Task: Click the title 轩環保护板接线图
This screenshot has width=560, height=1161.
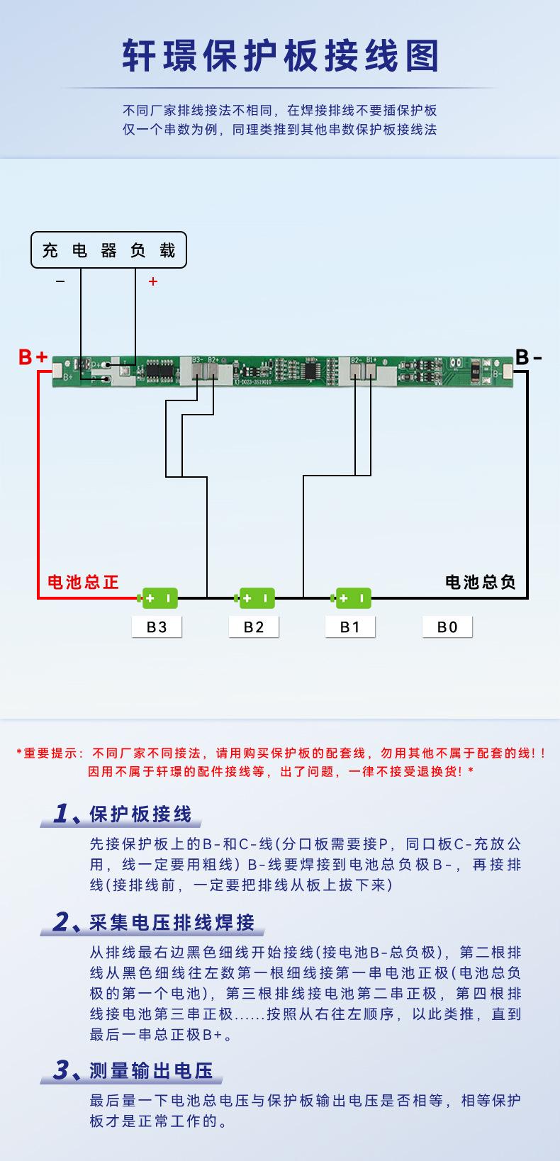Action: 280,55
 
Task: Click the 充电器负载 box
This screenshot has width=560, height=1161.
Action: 108,249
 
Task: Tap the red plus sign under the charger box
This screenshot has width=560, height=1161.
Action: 152,281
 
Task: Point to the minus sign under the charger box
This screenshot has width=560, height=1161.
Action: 60,281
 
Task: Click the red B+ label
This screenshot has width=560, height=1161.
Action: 32,357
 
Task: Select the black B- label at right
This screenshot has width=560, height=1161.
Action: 528,357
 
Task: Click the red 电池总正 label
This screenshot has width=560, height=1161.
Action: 83,583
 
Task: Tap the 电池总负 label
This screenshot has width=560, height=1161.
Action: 480,583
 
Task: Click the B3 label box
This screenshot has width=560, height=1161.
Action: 157,627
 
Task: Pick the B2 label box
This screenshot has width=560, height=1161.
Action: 254,627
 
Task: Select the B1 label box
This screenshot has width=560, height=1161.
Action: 350,627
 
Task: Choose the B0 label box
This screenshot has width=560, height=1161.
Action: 447,627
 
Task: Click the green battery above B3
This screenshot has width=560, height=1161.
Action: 159,598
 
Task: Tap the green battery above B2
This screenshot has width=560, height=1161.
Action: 256,598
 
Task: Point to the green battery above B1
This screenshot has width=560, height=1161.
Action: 352,598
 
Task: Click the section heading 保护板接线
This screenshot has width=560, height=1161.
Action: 140,814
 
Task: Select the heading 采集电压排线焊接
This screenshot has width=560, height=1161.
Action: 172,922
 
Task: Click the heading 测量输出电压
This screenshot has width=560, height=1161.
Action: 151,1070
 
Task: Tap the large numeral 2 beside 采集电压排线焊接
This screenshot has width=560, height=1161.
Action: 62,922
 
